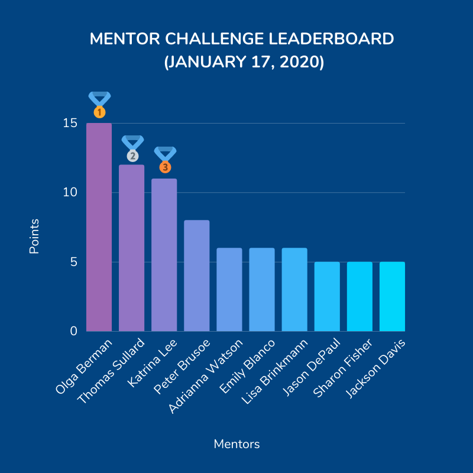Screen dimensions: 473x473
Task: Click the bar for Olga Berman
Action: [99, 228]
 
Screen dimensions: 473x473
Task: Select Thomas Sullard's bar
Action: [132, 248]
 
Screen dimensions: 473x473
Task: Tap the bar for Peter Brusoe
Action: [197, 276]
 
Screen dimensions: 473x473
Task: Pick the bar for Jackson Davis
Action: [392, 296]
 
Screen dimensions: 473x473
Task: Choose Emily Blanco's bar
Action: [262, 290]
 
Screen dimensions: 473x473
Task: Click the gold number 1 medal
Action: [99, 111]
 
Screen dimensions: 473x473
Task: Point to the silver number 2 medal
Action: [132, 155]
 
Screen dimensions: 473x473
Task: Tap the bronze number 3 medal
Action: [165, 167]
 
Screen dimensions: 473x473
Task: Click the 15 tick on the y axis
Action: [70, 124]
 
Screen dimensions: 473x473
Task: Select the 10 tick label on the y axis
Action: [70, 193]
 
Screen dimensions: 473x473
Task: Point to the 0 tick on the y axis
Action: [74, 331]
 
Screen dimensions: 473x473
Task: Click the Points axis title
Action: [34, 237]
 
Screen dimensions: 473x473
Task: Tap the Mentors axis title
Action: [237, 443]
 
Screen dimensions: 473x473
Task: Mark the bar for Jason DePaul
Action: [327, 296]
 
